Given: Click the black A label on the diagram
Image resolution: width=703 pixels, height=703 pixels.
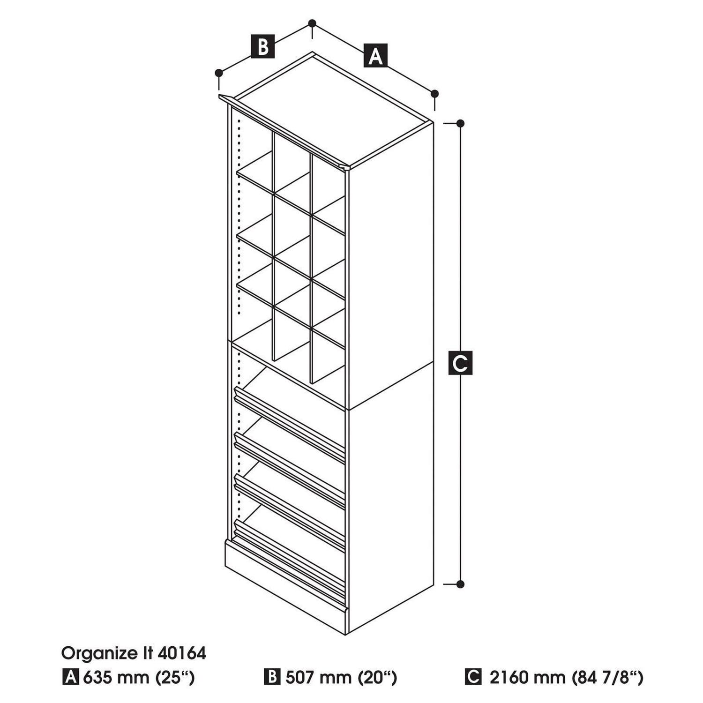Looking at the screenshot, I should click(x=375, y=56).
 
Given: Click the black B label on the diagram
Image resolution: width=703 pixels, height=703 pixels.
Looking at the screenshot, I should click(x=263, y=46).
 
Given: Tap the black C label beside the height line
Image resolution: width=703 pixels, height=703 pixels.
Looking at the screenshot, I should click(x=460, y=362).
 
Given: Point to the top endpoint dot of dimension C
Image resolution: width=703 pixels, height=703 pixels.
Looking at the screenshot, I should click(x=460, y=123).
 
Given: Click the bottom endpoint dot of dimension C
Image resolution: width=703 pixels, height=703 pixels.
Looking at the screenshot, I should click(x=460, y=584).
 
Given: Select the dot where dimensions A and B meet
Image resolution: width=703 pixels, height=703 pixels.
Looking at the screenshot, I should click(x=313, y=23).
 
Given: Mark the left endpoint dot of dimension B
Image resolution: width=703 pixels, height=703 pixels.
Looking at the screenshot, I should click(x=219, y=73).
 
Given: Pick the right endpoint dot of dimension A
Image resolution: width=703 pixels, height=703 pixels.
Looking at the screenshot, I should click(x=434, y=93).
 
